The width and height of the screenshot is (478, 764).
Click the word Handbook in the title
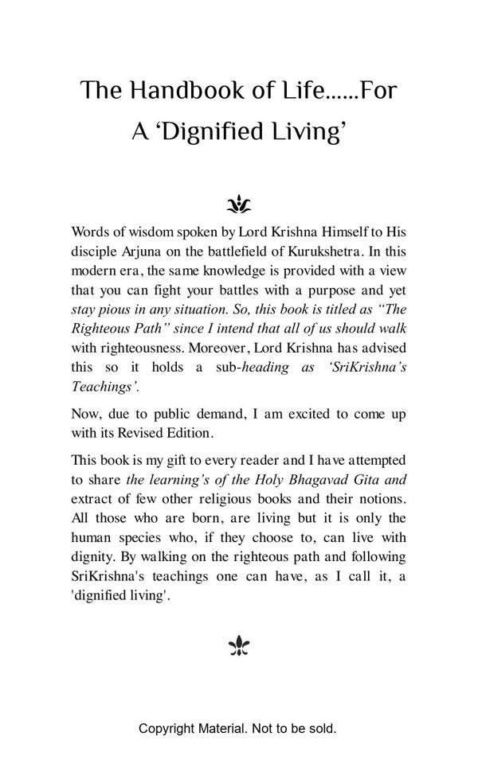pos(176,91)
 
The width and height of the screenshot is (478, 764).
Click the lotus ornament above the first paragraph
pos(239,205)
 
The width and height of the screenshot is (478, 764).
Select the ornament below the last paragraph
pos(239,646)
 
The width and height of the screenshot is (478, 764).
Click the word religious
pos(265,499)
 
